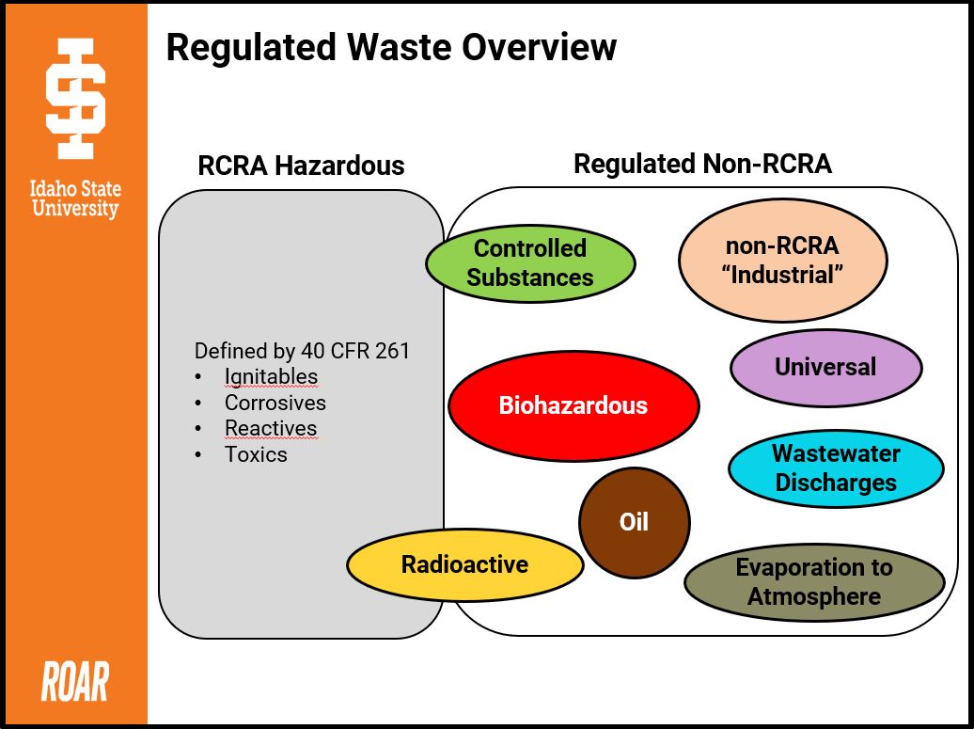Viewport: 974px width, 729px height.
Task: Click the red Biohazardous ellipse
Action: point(573,406)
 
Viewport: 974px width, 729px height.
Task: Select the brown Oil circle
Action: point(634,522)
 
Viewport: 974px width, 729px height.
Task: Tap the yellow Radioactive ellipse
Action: point(464,564)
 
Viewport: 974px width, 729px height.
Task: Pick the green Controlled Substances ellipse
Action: point(530,262)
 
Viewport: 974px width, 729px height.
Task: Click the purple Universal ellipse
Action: point(825,367)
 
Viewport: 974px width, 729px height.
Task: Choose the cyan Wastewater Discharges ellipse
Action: point(835,468)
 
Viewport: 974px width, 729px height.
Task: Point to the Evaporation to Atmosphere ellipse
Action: point(813,582)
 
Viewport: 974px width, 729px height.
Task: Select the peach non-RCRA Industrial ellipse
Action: point(782,261)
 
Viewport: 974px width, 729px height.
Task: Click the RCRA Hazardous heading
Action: point(301,166)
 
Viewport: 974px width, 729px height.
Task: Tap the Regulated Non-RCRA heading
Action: point(702,164)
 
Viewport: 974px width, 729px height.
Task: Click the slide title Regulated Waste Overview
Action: point(391,47)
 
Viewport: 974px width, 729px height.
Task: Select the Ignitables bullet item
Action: point(271,377)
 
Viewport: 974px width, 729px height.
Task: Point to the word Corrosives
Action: point(275,403)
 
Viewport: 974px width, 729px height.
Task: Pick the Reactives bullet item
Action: point(271,428)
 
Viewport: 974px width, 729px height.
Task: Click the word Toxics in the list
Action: point(256,454)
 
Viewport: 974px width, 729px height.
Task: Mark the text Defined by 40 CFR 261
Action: point(302,351)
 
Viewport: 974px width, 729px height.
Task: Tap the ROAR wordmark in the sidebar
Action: point(74,682)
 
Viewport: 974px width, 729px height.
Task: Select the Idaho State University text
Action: point(75,199)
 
